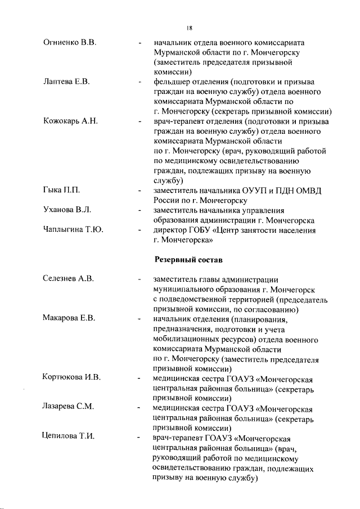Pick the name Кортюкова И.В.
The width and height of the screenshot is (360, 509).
[x=71, y=377]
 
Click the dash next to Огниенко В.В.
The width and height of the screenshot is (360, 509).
[x=138, y=43]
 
